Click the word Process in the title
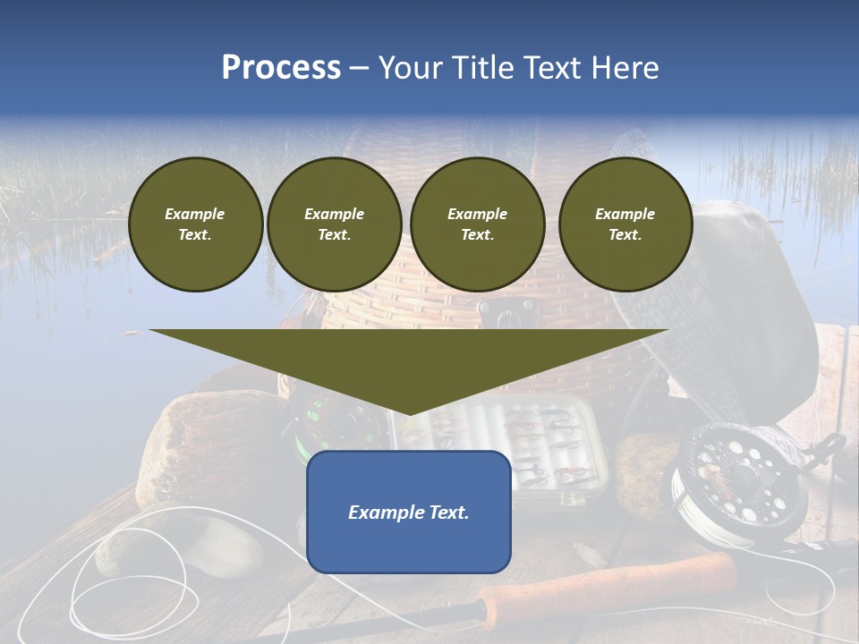(x=281, y=68)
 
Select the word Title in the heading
(x=488, y=68)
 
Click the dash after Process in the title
(x=360, y=69)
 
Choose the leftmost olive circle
(x=195, y=225)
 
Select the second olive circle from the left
(x=335, y=225)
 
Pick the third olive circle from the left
(x=477, y=225)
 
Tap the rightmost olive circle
(x=625, y=225)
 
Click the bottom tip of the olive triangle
(x=409, y=414)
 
